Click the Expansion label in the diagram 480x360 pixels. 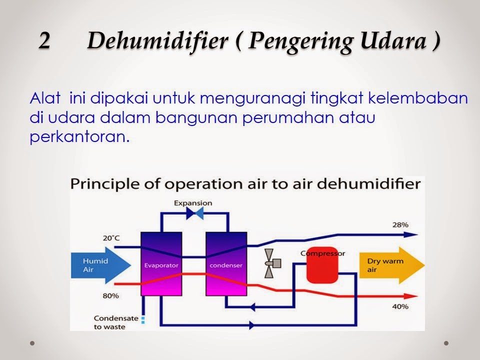point(193,203)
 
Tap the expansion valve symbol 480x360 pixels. point(193,213)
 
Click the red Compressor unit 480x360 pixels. point(322,264)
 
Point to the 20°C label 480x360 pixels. point(111,238)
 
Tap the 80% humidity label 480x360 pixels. point(111,295)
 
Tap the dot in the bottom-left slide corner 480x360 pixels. point(32,344)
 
